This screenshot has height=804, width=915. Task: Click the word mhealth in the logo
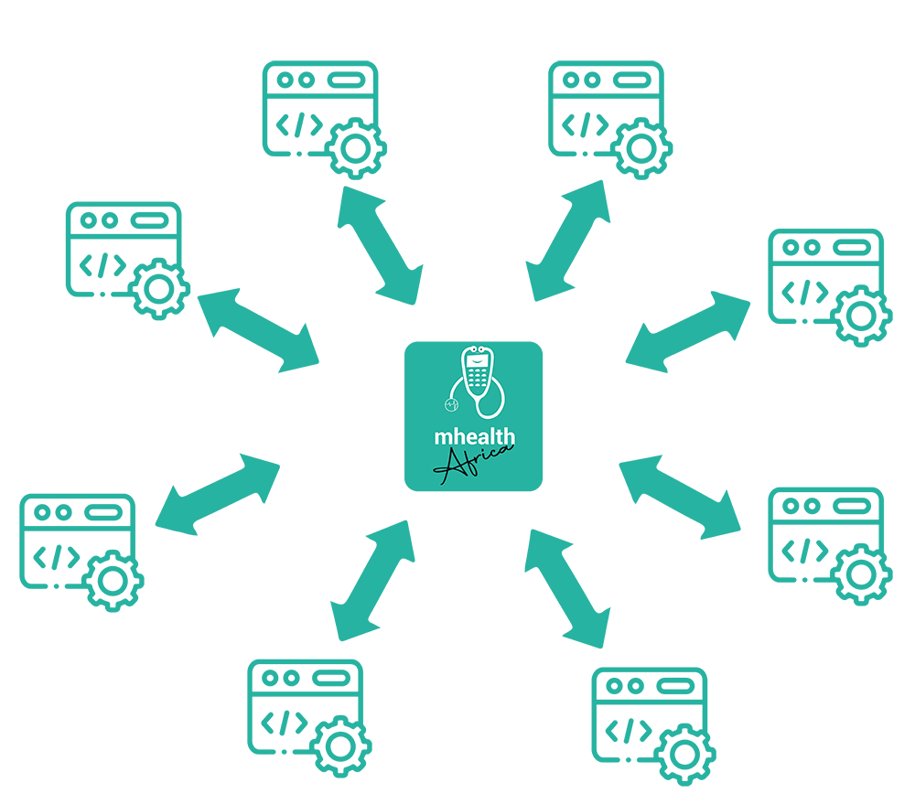[x=474, y=438]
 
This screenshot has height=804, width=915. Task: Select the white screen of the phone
[x=476, y=361]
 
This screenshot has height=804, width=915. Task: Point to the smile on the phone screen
[x=476, y=362]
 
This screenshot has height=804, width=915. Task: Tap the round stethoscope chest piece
[x=451, y=404]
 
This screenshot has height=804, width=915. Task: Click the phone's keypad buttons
[x=476, y=379]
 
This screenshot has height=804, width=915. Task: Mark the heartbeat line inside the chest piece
[x=451, y=404]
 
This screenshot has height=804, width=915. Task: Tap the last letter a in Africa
[x=507, y=449]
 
